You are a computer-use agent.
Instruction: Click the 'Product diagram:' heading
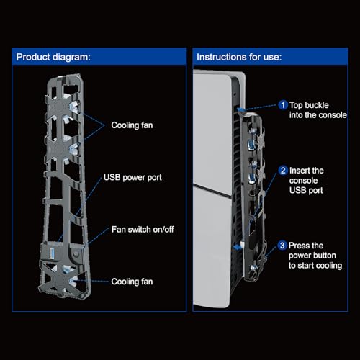click(53, 57)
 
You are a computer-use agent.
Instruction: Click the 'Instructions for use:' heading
click(239, 57)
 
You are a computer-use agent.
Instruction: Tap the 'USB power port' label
click(132, 178)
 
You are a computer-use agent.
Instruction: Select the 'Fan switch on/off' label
click(143, 230)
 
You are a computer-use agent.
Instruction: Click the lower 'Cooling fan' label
click(132, 282)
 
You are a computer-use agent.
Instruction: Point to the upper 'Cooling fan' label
click(132, 125)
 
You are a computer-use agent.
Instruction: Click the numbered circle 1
click(283, 105)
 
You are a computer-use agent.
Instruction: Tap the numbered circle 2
click(283, 171)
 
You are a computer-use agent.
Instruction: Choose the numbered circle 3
click(282, 246)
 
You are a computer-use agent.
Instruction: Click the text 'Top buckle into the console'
click(318, 110)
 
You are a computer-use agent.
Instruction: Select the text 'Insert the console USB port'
click(307, 181)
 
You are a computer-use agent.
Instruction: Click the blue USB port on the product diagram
click(52, 253)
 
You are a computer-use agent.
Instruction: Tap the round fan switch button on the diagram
click(76, 253)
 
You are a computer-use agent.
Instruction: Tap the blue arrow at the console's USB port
click(238, 247)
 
